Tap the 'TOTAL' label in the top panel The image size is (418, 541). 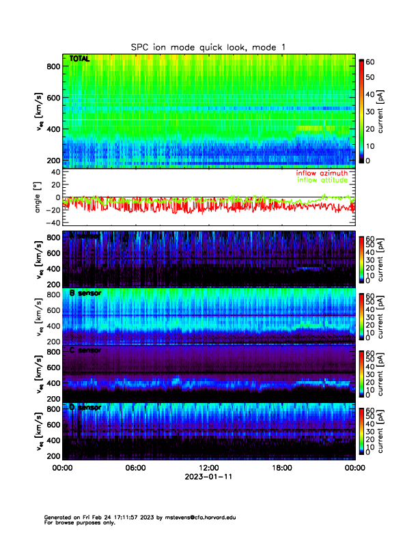click(x=80, y=60)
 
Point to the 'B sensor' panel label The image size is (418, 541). click(x=85, y=293)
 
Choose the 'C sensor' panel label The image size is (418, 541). click(x=85, y=350)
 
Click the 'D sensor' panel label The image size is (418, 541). click(x=85, y=408)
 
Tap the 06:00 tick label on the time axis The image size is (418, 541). click(x=135, y=469)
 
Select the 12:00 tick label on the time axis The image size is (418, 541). click(x=208, y=469)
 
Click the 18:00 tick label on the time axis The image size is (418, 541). click(x=281, y=469)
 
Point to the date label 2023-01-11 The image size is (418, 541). click(x=208, y=477)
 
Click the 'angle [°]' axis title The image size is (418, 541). click(x=39, y=197)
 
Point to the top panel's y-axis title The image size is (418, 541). click(x=39, y=113)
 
